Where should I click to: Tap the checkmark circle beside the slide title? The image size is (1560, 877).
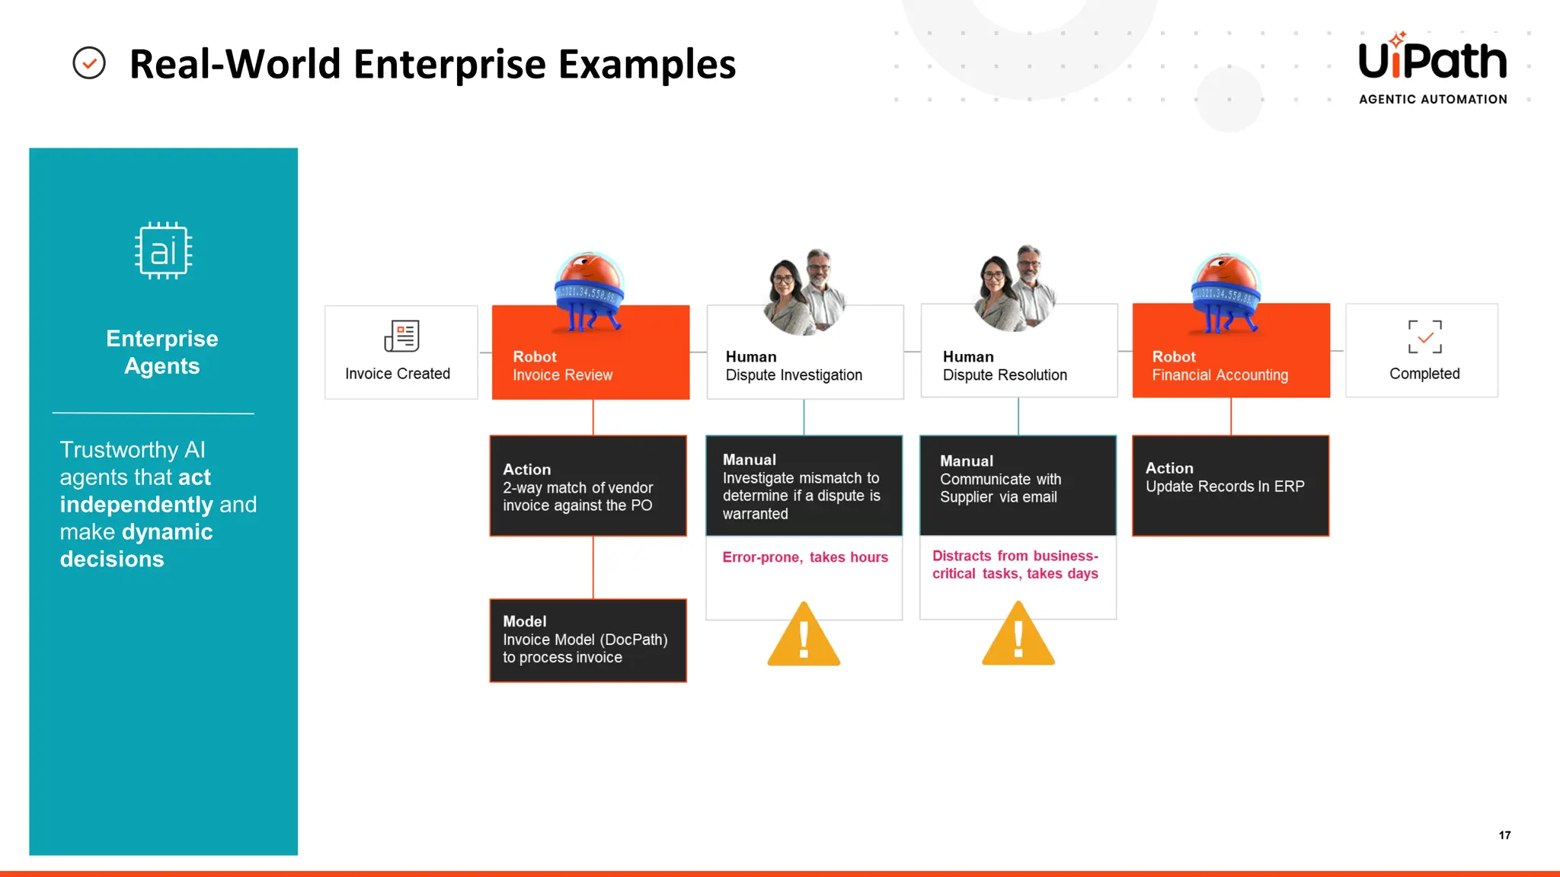pos(89,63)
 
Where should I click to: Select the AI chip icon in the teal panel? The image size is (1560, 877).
pos(163,251)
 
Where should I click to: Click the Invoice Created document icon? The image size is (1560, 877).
pos(401,336)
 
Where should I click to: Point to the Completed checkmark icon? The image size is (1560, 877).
pos(1424,336)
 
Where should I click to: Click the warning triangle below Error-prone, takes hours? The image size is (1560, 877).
pos(804,635)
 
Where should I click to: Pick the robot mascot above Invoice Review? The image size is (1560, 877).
pos(589,292)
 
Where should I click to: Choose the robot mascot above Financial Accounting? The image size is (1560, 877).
pos(1226,294)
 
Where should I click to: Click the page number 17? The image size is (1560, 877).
pos(1504,835)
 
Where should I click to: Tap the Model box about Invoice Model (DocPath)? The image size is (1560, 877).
pos(587,640)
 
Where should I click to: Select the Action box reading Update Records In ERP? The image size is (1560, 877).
pos(1230,486)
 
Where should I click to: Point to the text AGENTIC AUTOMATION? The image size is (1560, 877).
pos(1433,100)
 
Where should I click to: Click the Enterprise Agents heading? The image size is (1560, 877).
pos(162,352)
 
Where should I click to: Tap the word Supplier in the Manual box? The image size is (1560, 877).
pos(966,497)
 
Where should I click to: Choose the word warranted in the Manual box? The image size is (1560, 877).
pos(755,514)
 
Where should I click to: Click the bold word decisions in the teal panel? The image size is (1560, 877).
pos(112,559)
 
